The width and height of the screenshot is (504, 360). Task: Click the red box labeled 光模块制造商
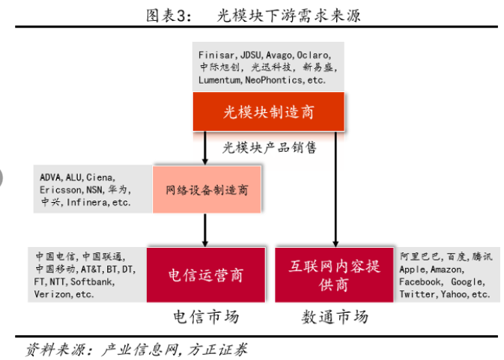pyautogui.click(x=269, y=112)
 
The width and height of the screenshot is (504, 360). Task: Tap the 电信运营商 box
pyautogui.click(x=206, y=275)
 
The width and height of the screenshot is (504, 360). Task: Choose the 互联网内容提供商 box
pyautogui.click(x=334, y=275)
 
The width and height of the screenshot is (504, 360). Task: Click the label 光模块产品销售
pyautogui.click(x=270, y=147)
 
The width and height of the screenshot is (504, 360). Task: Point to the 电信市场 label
pyautogui.click(x=206, y=317)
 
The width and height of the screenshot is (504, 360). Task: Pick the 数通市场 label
pyautogui.click(x=335, y=317)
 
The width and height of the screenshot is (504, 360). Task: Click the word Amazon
pyautogui.click(x=448, y=270)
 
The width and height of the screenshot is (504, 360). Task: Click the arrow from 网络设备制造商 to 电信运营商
pyautogui.click(x=205, y=228)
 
